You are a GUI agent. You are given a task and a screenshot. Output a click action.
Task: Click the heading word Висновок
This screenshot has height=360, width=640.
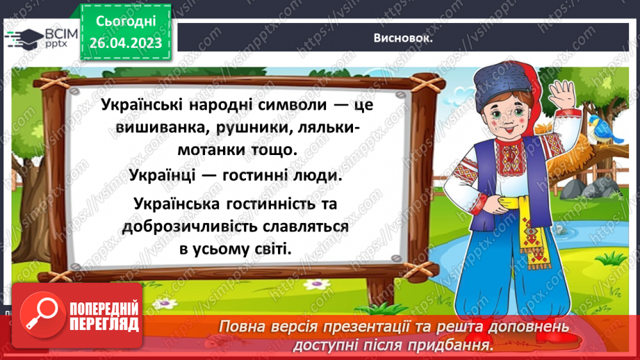coord(403,38)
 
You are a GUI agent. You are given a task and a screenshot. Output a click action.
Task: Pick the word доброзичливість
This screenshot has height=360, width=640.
coord(188,227)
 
